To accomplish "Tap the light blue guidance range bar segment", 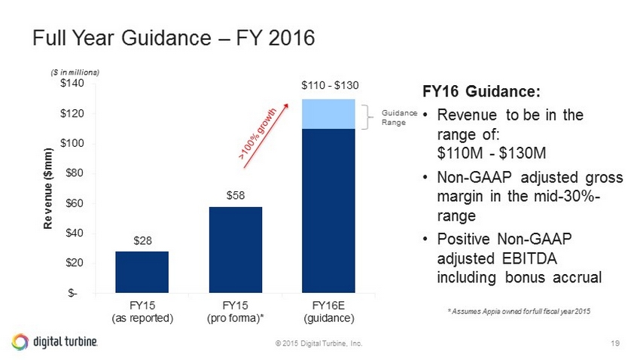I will pyautogui.click(x=328, y=114).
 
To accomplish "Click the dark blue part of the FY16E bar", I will pyautogui.click(x=328, y=210).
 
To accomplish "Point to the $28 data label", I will pyautogui.click(x=142, y=241).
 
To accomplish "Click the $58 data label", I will pyautogui.click(x=235, y=196).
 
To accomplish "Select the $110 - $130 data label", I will pyautogui.click(x=328, y=87).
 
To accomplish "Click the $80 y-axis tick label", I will pyautogui.click(x=76, y=173).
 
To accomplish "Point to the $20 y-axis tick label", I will pyautogui.click(x=76, y=263).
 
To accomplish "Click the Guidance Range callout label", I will pyautogui.click(x=398, y=118).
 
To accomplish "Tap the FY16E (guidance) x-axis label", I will pyautogui.click(x=328, y=312).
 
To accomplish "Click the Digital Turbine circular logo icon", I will pyautogui.click(x=20, y=341).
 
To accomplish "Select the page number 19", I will pyautogui.click(x=615, y=343).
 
